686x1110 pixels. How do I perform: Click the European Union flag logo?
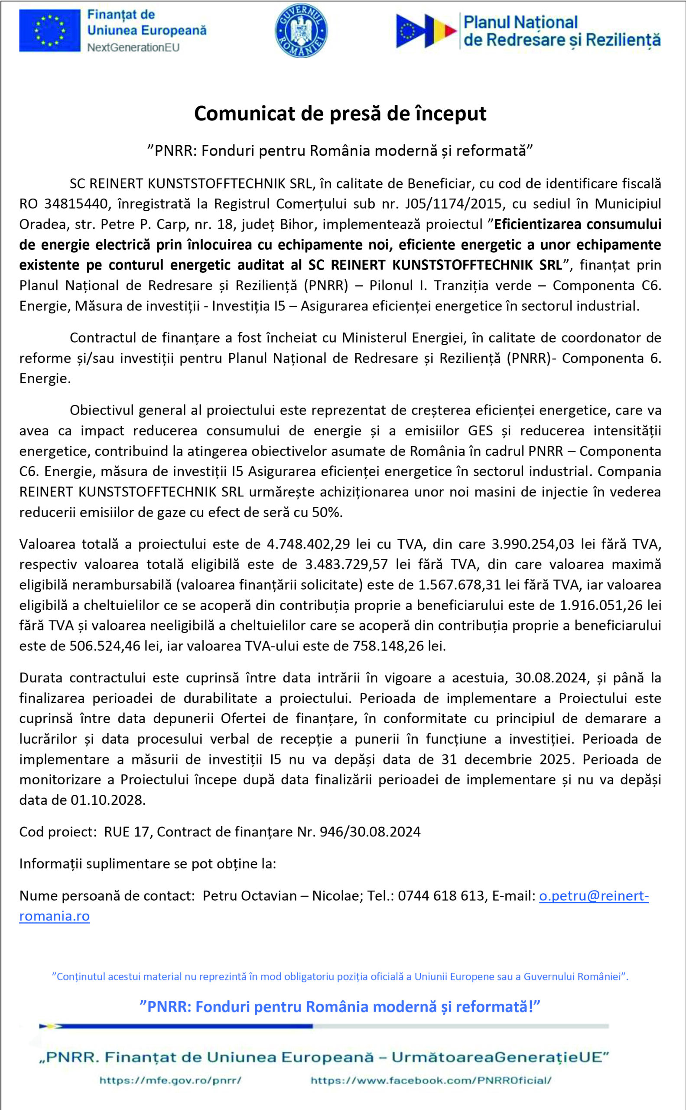[50, 30]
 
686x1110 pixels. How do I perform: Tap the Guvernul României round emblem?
[301, 31]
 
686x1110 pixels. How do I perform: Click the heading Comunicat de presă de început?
[340, 114]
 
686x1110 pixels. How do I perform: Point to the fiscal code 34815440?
[76, 204]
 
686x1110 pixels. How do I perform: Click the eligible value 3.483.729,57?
[346, 564]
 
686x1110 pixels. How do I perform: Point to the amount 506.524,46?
[105, 646]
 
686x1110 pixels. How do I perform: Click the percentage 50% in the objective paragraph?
[327, 513]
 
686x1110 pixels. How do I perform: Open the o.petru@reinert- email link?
[593, 896]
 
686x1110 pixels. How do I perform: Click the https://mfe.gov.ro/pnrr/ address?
[170, 1081]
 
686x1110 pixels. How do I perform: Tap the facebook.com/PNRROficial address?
[431, 1081]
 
